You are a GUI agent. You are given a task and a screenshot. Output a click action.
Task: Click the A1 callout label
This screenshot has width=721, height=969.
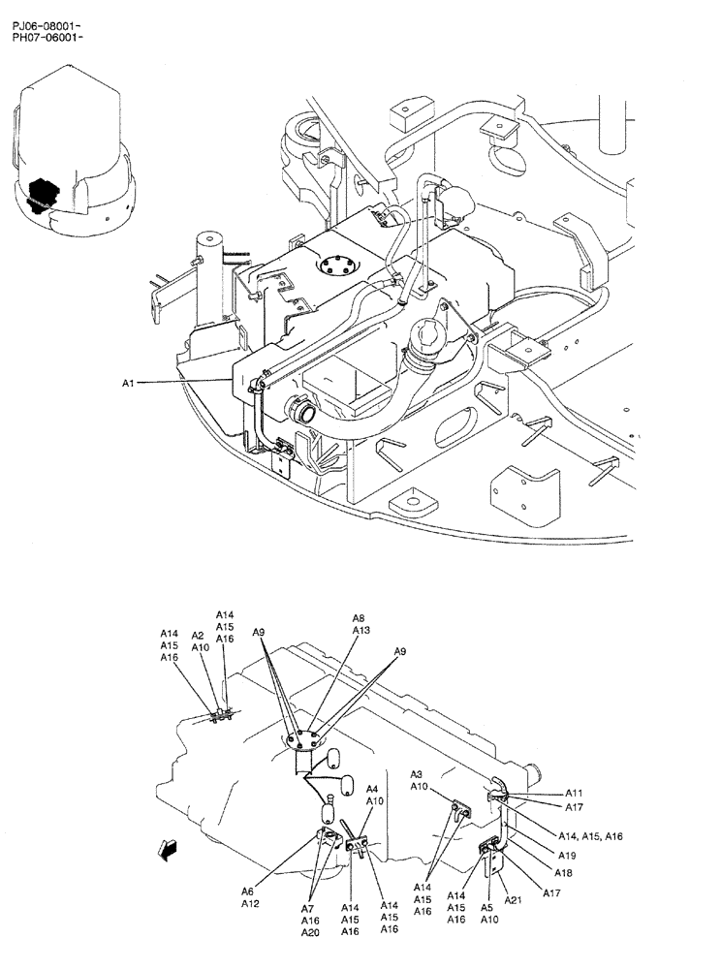(x=128, y=384)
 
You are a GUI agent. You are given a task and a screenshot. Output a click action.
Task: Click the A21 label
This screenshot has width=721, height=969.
(x=514, y=899)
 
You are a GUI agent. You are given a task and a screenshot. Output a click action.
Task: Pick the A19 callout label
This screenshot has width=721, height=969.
(x=567, y=856)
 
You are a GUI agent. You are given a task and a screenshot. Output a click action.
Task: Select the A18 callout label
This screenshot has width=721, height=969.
(x=563, y=873)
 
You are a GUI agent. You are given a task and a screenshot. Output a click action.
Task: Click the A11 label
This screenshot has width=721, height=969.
(x=574, y=793)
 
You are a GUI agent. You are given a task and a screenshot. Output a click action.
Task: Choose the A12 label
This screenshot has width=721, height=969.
(x=251, y=904)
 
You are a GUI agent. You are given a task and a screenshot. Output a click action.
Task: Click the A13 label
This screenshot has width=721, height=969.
(x=360, y=630)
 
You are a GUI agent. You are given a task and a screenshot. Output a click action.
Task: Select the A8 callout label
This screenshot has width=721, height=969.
(x=359, y=618)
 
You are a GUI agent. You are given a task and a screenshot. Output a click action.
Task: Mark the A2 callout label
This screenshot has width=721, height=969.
(x=198, y=636)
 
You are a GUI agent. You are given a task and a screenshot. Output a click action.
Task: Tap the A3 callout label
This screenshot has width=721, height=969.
(x=417, y=774)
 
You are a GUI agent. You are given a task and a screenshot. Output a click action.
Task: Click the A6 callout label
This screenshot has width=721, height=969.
(x=248, y=891)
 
